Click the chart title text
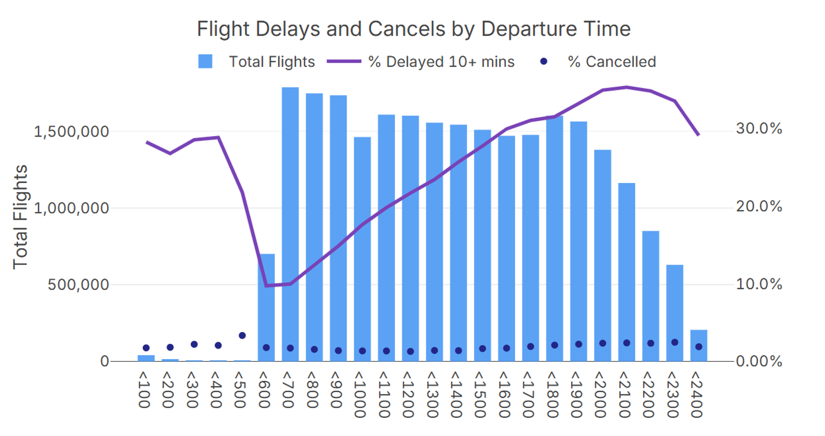click(414, 29)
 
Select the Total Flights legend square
click(205, 61)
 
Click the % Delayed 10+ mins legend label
click(441, 62)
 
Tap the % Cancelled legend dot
click(543, 61)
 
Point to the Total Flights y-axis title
click(20, 217)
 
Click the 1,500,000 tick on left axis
click(72, 132)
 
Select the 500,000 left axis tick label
click(78, 284)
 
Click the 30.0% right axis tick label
click(758, 129)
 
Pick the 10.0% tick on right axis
click(758, 284)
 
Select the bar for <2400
click(699, 345)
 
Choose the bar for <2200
click(651, 296)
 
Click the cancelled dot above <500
click(242, 336)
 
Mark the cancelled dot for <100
click(146, 348)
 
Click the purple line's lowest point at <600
click(266, 286)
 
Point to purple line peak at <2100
click(626, 87)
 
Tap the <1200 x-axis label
click(408, 394)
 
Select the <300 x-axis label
click(192, 390)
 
